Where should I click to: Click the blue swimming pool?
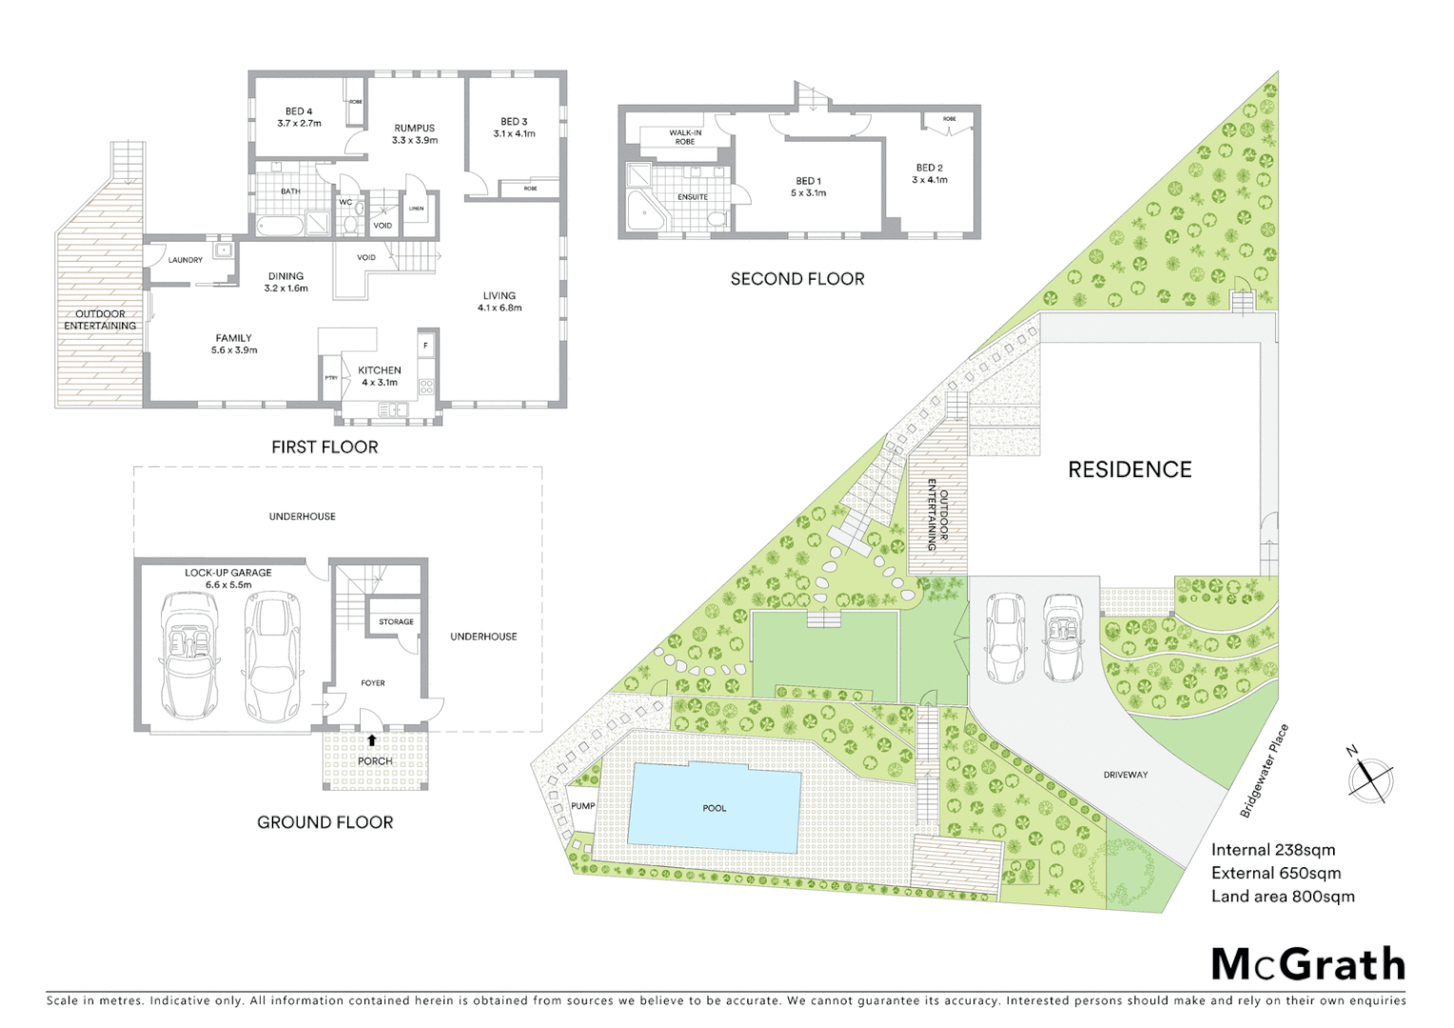[x=715, y=807]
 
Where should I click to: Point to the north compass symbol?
[x=1371, y=778]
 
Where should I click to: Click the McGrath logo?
[x=1308, y=964]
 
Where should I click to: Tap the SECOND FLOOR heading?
[x=797, y=279]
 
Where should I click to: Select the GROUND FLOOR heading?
[x=324, y=822]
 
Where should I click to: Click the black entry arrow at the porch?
[x=372, y=740]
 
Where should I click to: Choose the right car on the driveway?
[x=1062, y=637]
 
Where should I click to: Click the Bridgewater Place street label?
[x=1265, y=770]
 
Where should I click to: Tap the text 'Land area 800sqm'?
[x=1283, y=896]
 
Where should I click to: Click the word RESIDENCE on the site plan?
[x=1130, y=469]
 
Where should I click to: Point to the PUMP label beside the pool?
[x=582, y=806]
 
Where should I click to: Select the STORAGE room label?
[x=396, y=622]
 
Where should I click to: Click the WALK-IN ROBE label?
[x=685, y=137]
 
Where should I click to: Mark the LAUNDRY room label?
[x=186, y=260]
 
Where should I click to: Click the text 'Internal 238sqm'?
[x=1272, y=850]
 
